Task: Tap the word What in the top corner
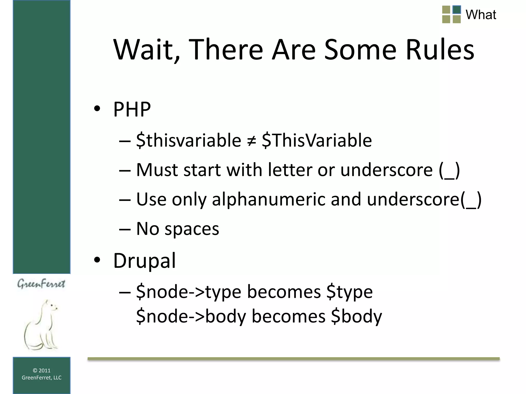click(481, 15)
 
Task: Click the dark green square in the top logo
click(457, 10)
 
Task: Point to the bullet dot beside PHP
click(97, 109)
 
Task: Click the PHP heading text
click(132, 109)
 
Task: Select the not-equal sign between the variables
click(251, 141)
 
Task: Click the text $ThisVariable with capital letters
click(317, 141)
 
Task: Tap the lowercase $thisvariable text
click(189, 141)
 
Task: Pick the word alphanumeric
click(268, 199)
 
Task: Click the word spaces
click(192, 229)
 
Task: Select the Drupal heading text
click(145, 261)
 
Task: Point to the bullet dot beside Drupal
click(97, 260)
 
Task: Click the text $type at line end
click(349, 292)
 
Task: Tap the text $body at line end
click(356, 316)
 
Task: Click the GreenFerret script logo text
click(41, 284)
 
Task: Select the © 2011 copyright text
click(42, 370)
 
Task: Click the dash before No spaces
click(125, 229)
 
